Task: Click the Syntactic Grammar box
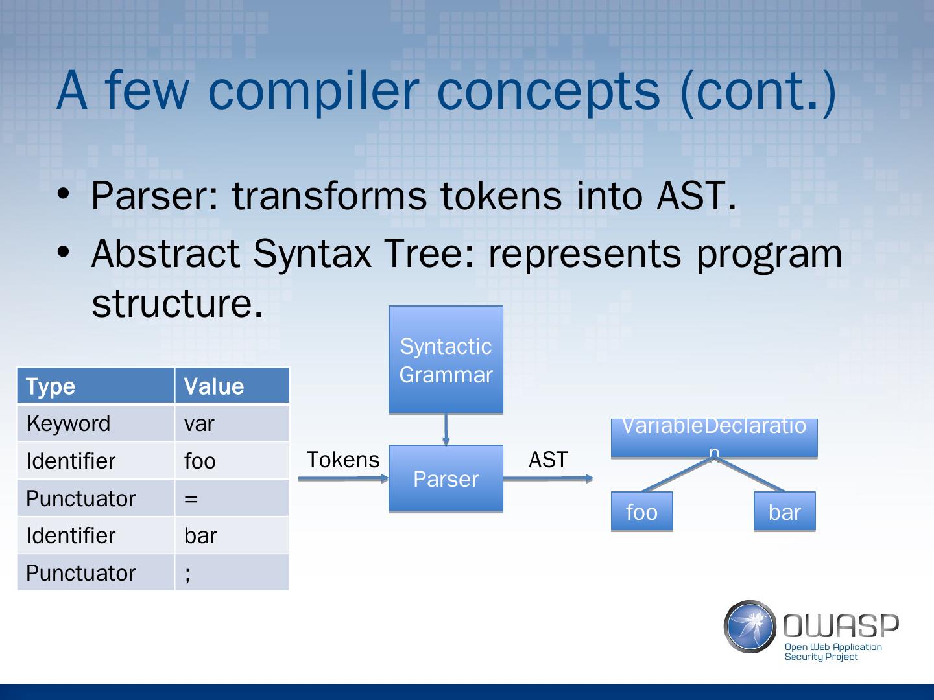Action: pyautogui.click(x=446, y=360)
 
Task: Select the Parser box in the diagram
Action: pyautogui.click(x=446, y=479)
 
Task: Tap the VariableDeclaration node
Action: pyautogui.click(x=713, y=437)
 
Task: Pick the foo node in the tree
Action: pyautogui.click(x=641, y=512)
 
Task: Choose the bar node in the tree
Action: pyautogui.click(x=784, y=512)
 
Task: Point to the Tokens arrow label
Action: pyautogui.click(x=342, y=460)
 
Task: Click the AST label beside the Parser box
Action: pyautogui.click(x=548, y=460)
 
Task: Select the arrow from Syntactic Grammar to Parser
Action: pyautogui.click(x=446, y=429)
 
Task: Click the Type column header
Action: pyautogui.click(x=95, y=386)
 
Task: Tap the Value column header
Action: pyautogui.click(x=232, y=386)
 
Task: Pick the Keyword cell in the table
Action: pyautogui.click(x=95, y=423)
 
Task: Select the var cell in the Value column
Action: pyautogui.click(x=232, y=423)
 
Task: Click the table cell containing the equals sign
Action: pyautogui.click(x=232, y=498)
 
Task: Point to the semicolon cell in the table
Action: pyautogui.click(x=232, y=573)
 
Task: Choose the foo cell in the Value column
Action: pyautogui.click(x=232, y=461)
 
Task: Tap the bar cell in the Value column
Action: pyautogui.click(x=232, y=535)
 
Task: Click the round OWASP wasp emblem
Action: pyautogui.click(x=750, y=626)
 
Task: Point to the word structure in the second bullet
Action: pyautogui.click(x=177, y=302)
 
